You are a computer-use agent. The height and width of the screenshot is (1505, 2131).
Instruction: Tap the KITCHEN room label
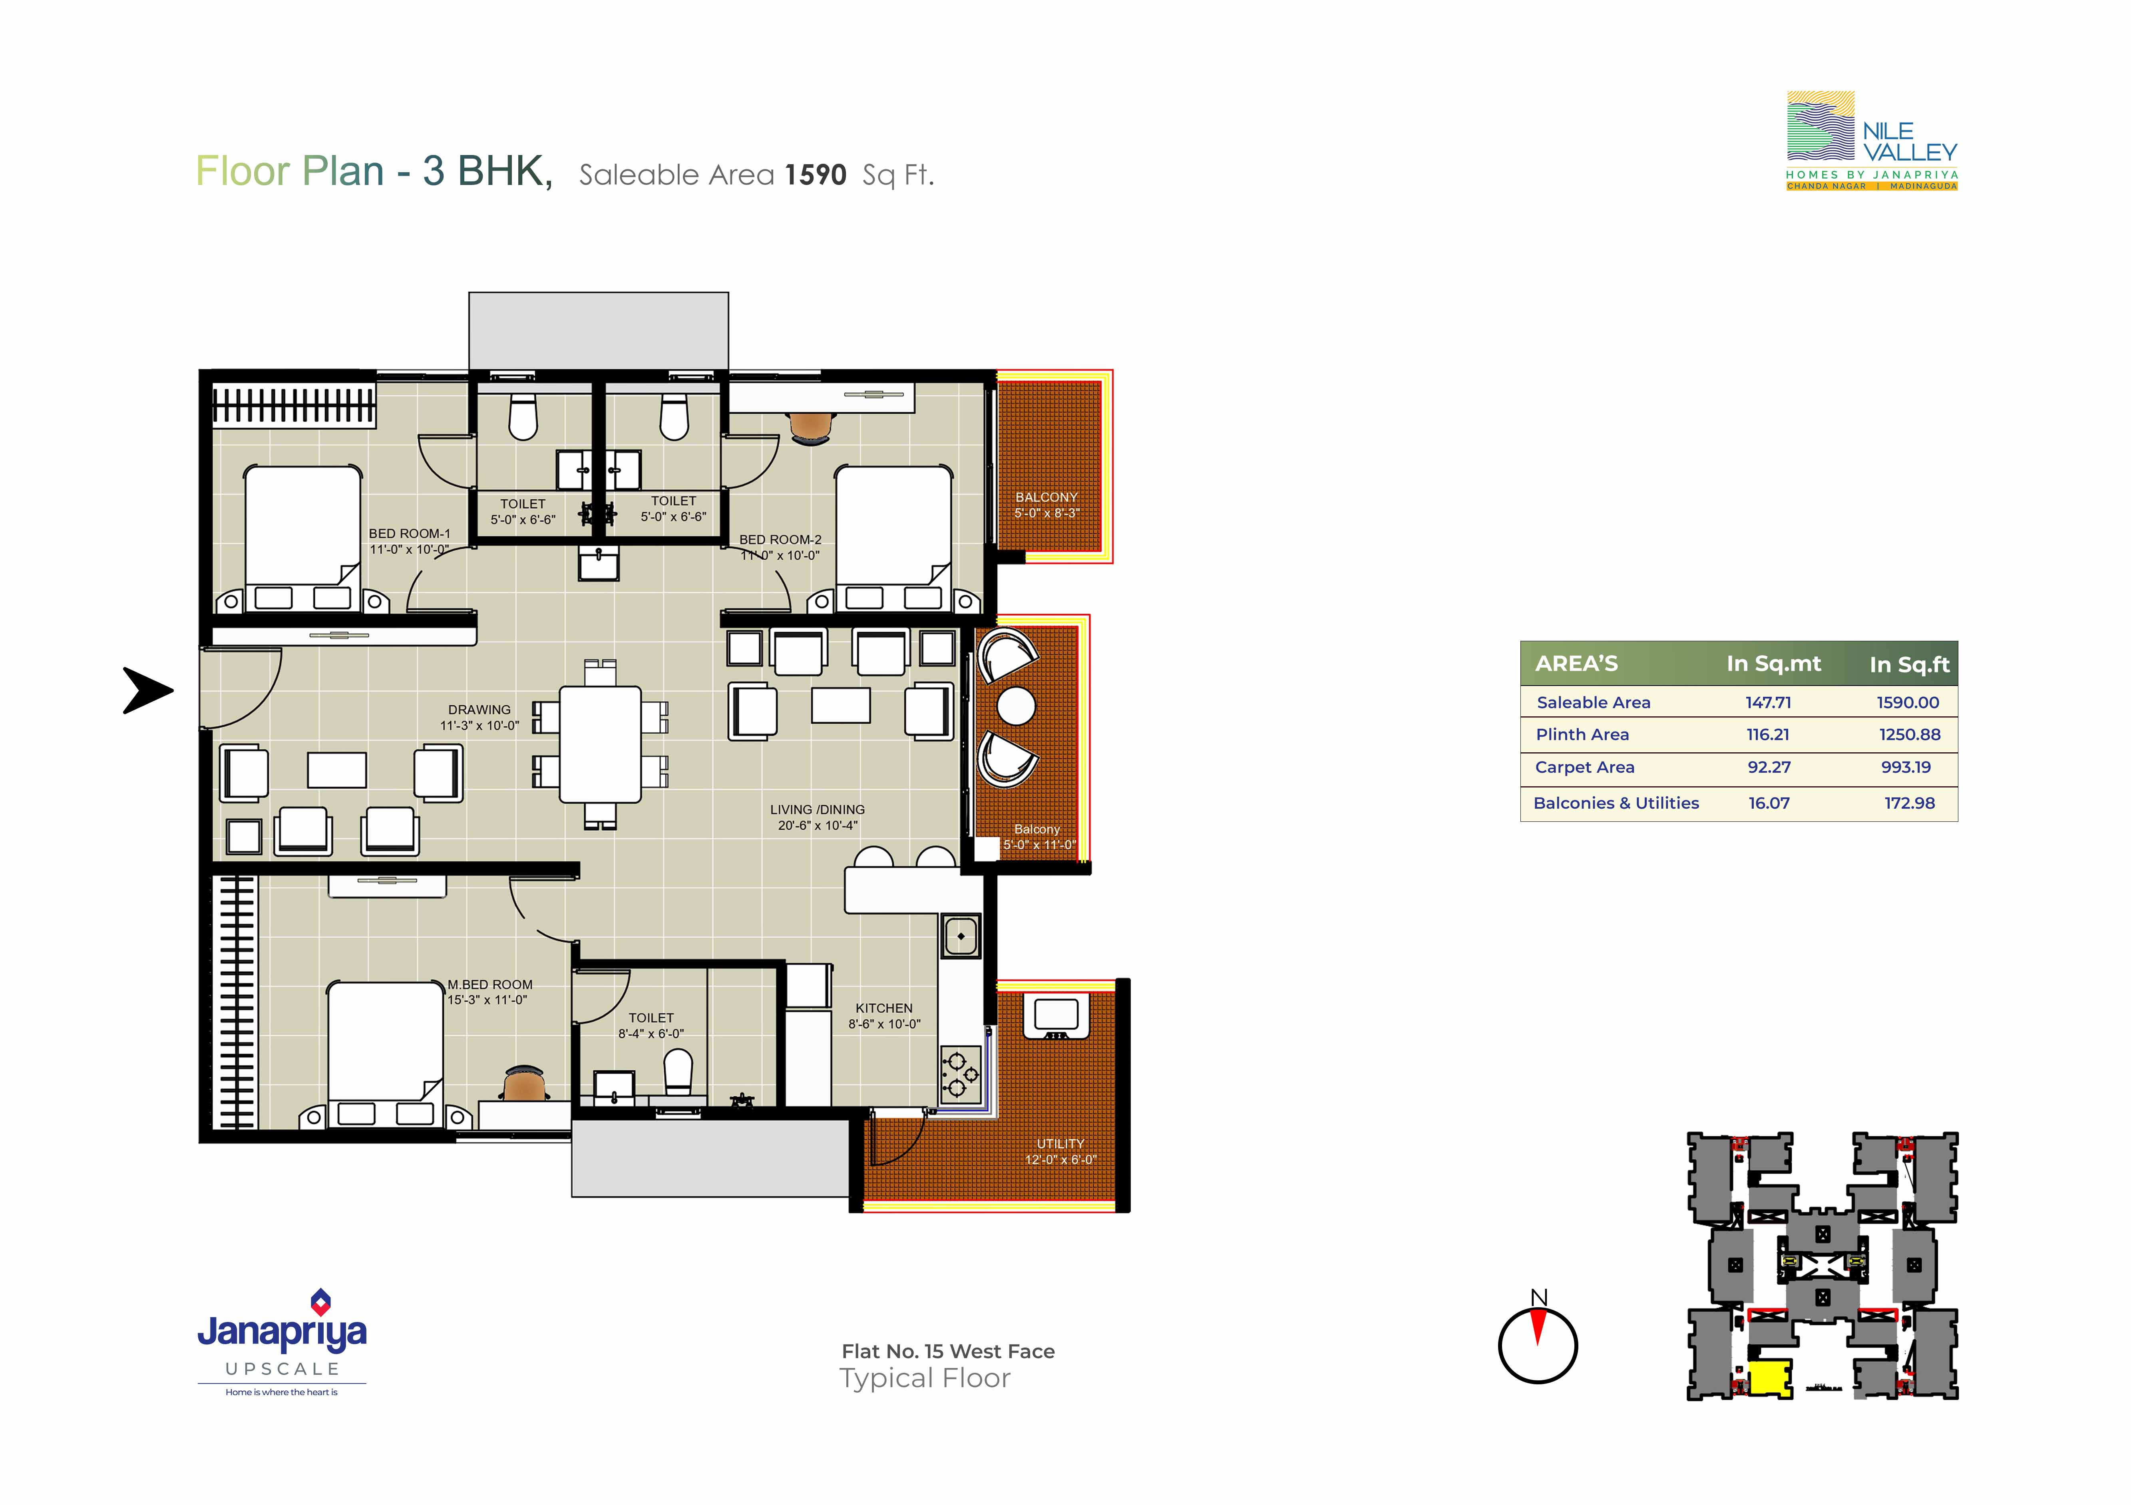pos(883,1008)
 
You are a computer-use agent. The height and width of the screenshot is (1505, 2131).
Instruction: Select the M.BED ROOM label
pos(490,984)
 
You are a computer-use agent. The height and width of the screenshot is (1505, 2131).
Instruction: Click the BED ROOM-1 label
pos(409,533)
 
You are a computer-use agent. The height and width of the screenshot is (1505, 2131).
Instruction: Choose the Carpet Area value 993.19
pos(1906,767)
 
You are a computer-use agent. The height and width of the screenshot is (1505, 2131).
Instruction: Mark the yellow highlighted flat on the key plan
pos(1769,1377)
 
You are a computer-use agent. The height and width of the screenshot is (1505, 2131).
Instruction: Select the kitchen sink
pos(961,936)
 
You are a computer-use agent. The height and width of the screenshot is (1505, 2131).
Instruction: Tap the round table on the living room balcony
pos(1016,706)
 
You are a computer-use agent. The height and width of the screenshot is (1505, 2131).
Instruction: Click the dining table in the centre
pos(599,744)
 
